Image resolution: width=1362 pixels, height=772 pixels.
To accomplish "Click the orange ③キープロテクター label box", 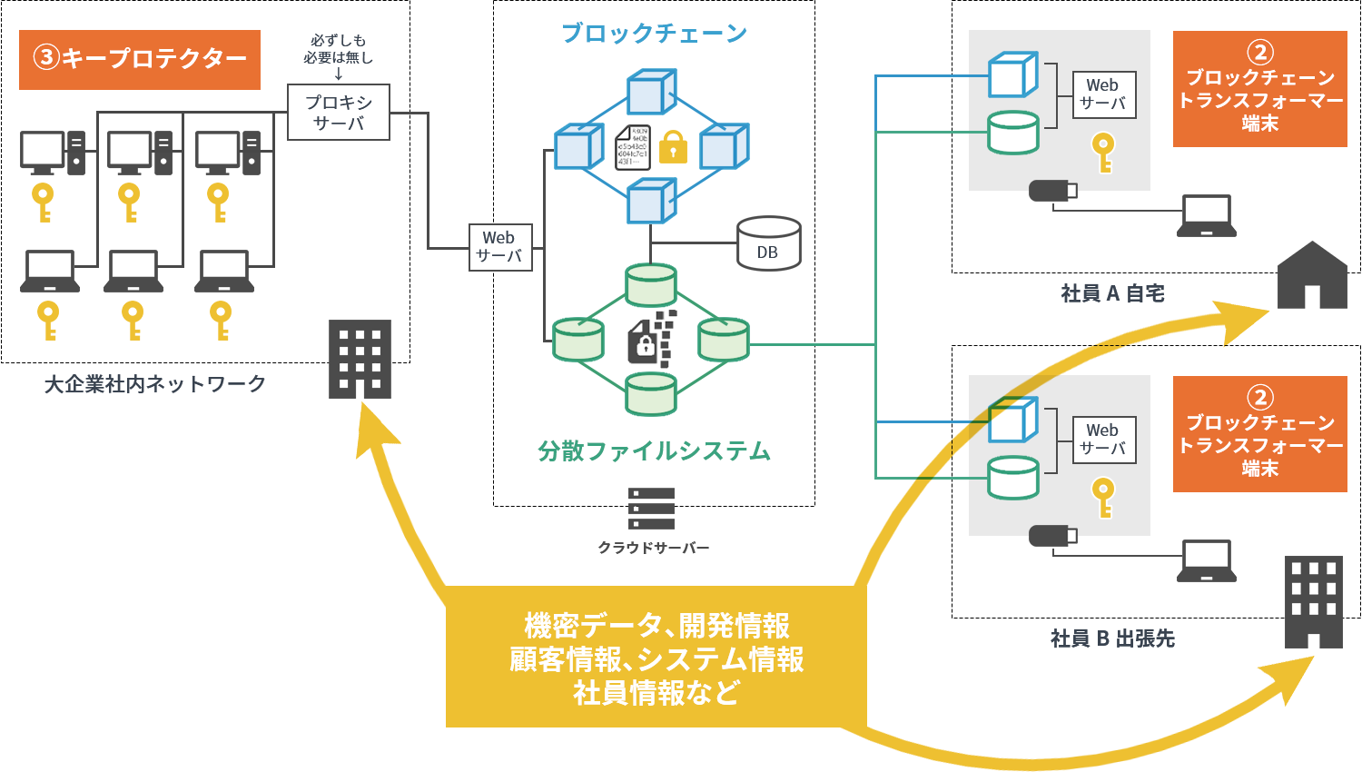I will (140, 59).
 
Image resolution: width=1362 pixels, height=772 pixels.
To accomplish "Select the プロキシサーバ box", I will (339, 112).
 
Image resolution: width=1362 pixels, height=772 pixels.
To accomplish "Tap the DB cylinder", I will (768, 243).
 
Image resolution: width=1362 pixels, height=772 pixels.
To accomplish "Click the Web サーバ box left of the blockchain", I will (499, 247).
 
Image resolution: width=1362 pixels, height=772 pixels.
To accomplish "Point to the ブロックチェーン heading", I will (654, 34).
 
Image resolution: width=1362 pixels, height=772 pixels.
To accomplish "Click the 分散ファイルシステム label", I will (654, 451).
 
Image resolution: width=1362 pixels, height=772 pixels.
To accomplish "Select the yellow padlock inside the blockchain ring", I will (673, 146).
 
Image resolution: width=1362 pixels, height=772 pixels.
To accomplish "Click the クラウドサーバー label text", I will (654, 548).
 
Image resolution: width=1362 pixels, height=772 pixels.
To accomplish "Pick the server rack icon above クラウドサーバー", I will (652, 509).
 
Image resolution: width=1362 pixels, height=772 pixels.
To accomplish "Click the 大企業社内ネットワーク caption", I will (155, 384).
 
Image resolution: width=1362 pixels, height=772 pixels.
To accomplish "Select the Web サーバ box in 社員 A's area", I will (1103, 94).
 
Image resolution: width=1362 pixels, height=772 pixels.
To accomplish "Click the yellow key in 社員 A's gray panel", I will (1103, 153).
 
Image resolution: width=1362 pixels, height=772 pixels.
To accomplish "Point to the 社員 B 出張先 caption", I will (1112, 638).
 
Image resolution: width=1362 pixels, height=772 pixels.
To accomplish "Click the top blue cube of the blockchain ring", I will (651, 91).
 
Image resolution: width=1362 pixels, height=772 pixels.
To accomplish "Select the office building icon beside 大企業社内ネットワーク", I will (360, 359).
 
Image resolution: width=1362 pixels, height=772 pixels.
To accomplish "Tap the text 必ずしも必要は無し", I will (338, 49).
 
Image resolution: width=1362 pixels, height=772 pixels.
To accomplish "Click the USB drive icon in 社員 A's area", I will (1052, 191).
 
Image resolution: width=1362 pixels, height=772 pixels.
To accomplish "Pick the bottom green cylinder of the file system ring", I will (651, 392).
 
